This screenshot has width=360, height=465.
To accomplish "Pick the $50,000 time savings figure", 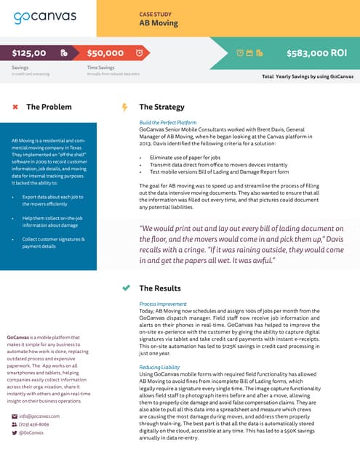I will tap(105, 53).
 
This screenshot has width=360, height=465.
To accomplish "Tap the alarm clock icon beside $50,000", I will tap(139, 53).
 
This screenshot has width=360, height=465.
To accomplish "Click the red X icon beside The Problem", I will tap(15, 108).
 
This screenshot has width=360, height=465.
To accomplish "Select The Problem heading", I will tap(49, 108).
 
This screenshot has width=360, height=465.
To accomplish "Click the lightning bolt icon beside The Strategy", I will tap(124, 108).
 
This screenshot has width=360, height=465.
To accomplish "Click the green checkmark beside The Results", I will tap(126, 288).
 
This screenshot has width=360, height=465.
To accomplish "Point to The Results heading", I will tap(159, 288).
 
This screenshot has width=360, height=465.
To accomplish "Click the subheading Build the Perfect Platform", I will tap(168, 123).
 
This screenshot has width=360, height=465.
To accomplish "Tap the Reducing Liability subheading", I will tap(161, 368).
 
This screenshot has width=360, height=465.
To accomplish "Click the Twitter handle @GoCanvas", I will tap(31, 432).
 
